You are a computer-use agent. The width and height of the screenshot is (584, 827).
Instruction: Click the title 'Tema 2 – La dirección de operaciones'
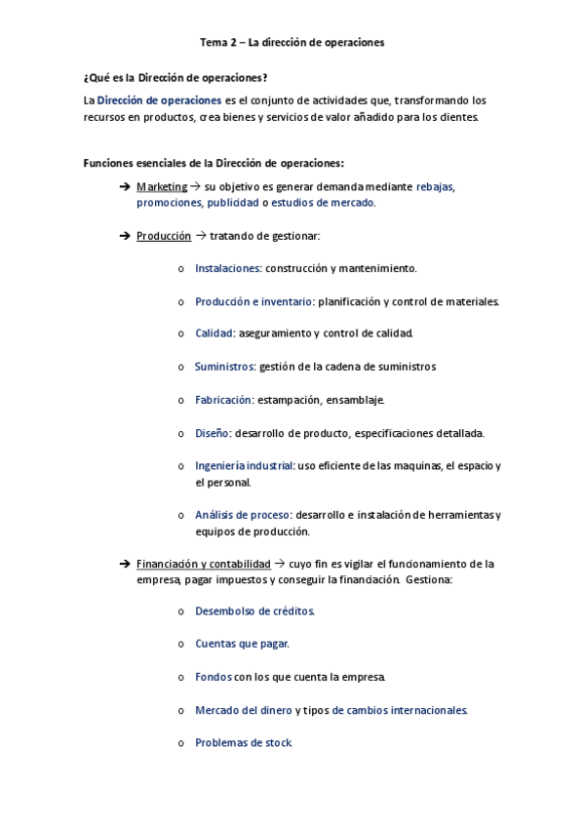[292, 43]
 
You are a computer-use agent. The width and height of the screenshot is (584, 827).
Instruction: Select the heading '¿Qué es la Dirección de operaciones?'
[175, 77]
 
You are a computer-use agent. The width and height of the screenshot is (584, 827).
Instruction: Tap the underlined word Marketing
[162, 186]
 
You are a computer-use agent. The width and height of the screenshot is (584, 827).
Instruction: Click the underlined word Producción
[164, 236]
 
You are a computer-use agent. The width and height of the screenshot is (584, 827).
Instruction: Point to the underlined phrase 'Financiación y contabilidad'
[204, 564]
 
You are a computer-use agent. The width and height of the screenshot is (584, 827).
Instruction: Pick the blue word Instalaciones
[227, 268]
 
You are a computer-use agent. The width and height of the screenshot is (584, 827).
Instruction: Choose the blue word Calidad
[214, 334]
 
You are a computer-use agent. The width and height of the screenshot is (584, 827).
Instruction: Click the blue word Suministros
[224, 367]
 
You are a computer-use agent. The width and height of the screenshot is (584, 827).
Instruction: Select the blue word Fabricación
[223, 400]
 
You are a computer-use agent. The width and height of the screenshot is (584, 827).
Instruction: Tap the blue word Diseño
[212, 433]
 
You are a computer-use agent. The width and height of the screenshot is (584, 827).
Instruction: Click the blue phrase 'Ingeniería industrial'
[244, 466]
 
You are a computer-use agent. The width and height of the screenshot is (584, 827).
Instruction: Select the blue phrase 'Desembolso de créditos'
[254, 611]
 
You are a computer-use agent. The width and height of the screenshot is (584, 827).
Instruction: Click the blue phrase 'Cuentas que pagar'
[242, 644]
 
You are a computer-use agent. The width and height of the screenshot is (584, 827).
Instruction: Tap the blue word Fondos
[214, 677]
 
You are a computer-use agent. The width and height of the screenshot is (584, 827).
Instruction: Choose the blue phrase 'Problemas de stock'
[243, 743]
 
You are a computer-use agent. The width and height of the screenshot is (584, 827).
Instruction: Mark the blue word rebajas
[435, 186]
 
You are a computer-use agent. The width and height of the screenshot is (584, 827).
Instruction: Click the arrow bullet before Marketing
[124, 186]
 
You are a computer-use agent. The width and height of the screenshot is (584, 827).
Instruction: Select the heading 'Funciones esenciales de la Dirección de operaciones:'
[214, 163]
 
